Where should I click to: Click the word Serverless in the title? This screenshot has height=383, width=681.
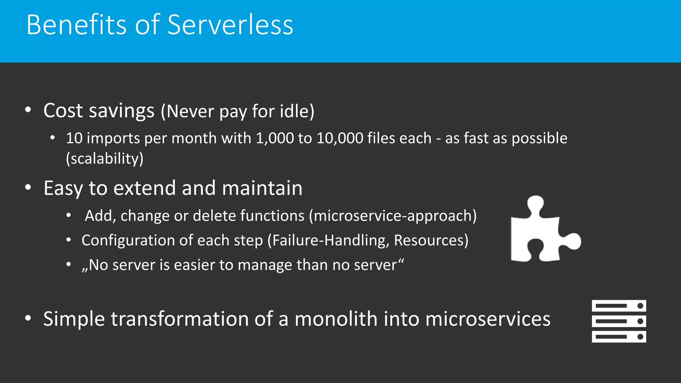point(230,25)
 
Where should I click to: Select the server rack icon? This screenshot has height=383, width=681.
point(619,321)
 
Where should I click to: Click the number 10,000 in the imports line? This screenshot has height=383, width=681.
point(340,138)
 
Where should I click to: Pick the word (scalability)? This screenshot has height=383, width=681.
point(105,159)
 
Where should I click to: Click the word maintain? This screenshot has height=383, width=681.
point(262,188)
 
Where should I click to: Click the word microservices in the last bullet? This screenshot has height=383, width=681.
point(487,319)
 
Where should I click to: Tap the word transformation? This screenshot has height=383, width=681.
point(180,319)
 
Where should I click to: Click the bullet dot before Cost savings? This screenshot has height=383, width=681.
point(28,109)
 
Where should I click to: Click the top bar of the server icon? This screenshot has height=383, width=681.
point(619,306)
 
